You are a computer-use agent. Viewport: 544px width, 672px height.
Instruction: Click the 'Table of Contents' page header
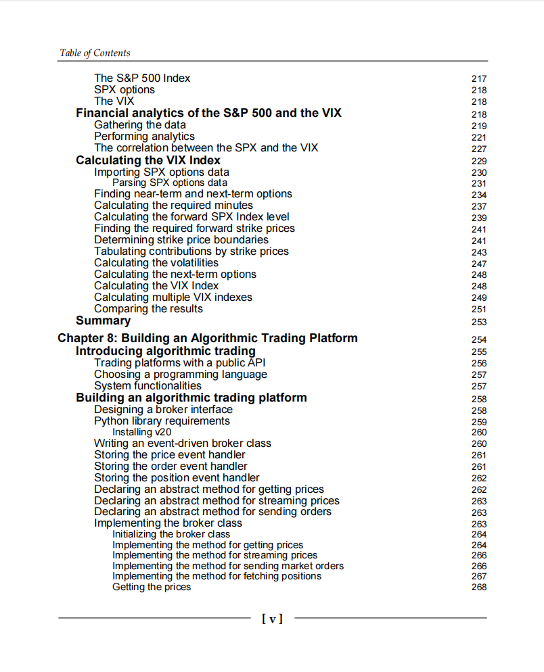[95, 53]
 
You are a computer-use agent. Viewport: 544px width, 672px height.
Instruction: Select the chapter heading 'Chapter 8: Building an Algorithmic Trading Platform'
[208, 338]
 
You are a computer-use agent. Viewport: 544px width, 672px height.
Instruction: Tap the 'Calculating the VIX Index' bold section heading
[148, 160]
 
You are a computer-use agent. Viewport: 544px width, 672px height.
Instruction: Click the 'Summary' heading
[103, 321]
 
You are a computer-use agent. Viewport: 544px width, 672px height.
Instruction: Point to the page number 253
[478, 322]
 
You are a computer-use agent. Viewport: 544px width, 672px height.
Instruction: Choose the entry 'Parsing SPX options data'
[170, 183]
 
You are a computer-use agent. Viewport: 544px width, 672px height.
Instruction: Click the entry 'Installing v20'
[143, 432]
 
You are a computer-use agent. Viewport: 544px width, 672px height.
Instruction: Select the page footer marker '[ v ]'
[272, 618]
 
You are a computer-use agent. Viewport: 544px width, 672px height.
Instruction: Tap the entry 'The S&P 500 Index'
[142, 78]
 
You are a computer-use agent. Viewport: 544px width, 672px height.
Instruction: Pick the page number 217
[478, 79]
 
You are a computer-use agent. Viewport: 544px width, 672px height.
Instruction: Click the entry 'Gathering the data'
[140, 125]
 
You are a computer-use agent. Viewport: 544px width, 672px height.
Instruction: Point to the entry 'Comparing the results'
[148, 309]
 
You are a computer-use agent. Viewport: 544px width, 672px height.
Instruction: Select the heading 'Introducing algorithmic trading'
[166, 352]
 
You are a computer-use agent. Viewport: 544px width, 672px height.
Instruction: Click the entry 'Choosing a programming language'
[181, 375]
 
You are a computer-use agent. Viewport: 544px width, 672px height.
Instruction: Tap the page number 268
[478, 587]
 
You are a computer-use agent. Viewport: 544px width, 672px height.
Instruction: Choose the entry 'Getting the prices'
[152, 587]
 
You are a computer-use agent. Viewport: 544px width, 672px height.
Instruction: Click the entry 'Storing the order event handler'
[171, 466]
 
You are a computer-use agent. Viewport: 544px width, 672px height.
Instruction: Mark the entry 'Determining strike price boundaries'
[181, 240]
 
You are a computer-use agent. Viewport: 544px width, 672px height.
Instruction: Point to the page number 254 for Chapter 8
[478, 339]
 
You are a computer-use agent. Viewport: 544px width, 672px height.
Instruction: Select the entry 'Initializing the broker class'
[171, 534]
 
